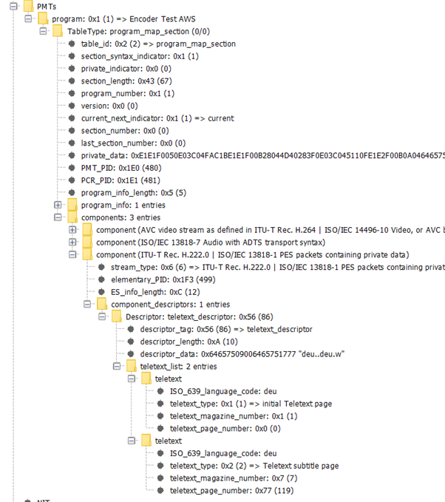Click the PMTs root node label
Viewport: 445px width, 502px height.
point(47,6)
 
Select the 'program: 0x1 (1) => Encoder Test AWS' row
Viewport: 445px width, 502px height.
point(124,18)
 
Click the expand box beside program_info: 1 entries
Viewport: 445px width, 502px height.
point(58,205)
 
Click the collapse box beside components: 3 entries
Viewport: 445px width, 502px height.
point(58,217)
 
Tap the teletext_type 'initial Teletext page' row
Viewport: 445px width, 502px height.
point(251,404)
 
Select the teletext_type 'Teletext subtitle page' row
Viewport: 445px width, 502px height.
point(254,465)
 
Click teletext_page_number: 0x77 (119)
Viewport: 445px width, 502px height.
point(235,490)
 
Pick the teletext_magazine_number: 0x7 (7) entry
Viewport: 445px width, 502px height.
point(232,478)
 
